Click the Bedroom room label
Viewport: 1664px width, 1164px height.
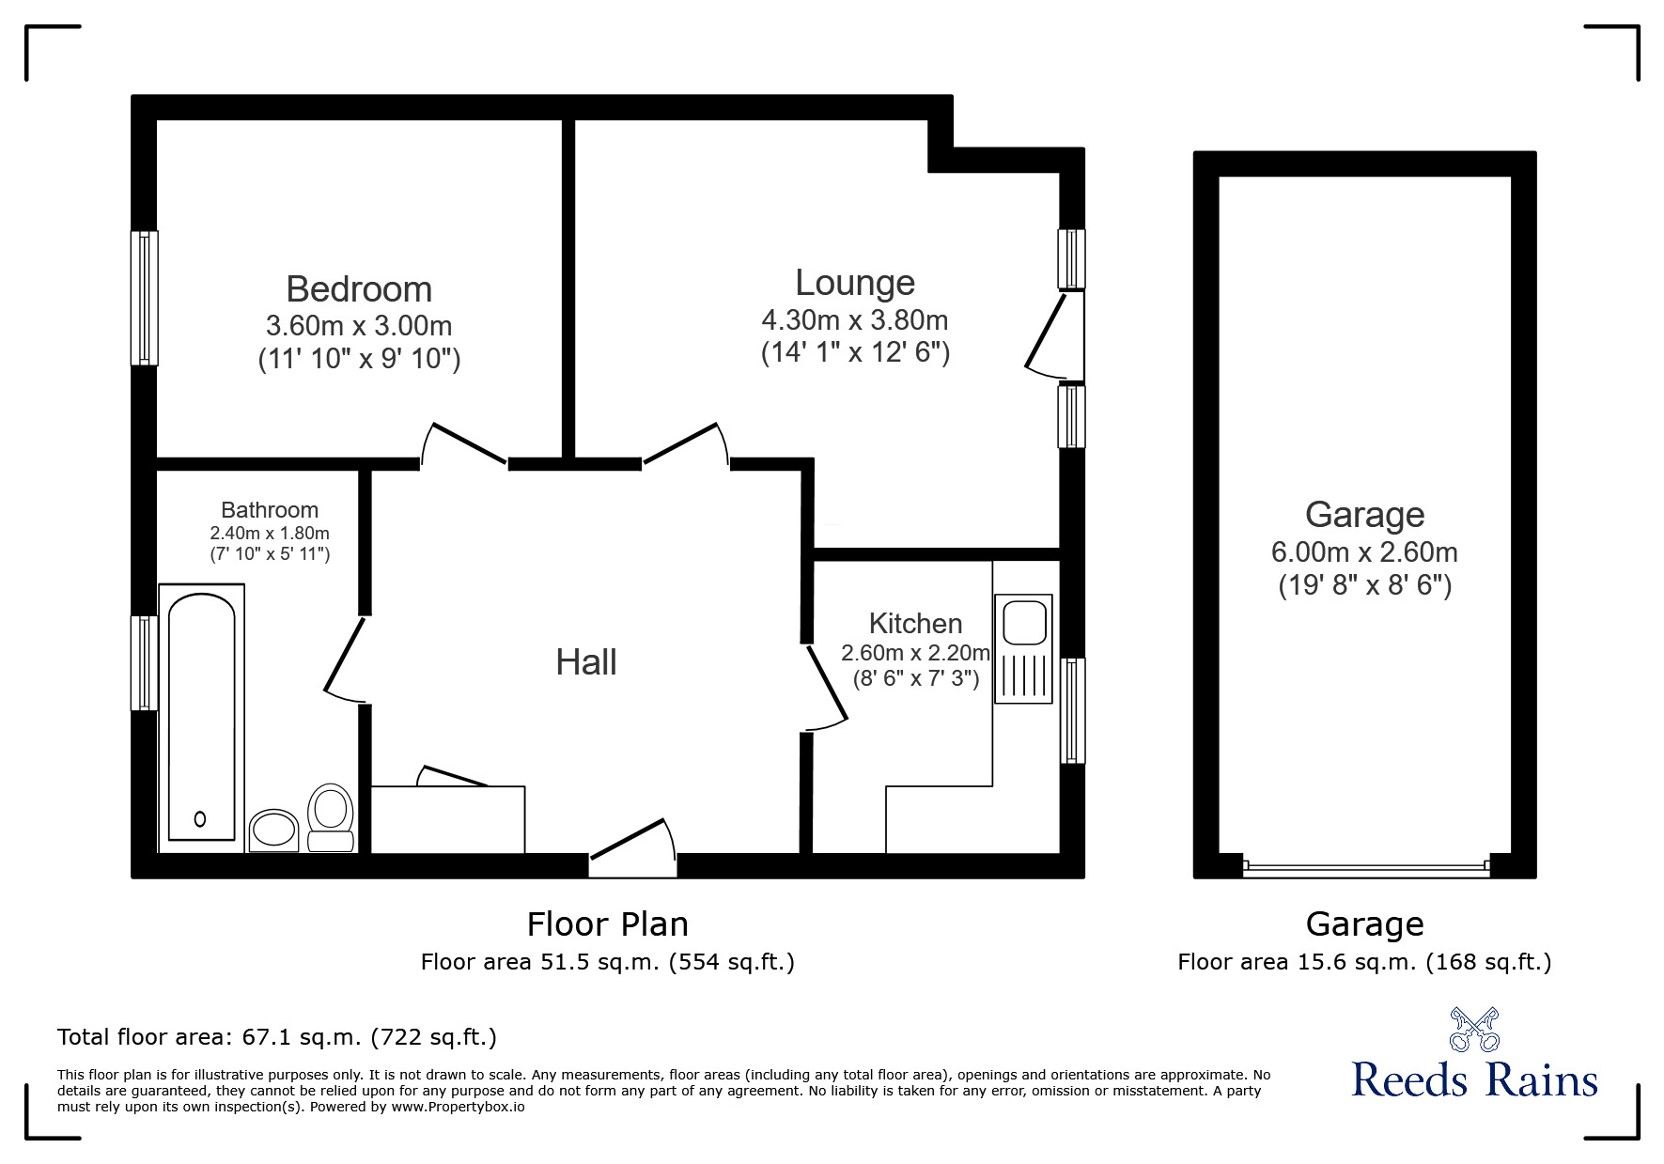tap(359, 289)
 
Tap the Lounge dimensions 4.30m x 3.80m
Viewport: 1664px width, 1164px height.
tap(855, 320)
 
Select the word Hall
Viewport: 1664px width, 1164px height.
tap(586, 662)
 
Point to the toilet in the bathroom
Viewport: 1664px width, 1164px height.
tap(330, 818)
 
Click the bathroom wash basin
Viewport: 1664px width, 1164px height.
tap(274, 830)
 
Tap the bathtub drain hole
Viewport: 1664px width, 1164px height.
tap(200, 819)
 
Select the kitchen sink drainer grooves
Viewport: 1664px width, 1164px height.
tap(1024, 675)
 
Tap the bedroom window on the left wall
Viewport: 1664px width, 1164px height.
tap(144, 298)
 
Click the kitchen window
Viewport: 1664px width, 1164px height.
tap(1072, 710)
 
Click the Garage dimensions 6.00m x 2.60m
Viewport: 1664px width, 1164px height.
tap(1364, 552)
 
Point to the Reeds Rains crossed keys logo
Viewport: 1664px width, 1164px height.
tap(1474, 1029)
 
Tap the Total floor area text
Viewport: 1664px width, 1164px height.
tap(277, 1037)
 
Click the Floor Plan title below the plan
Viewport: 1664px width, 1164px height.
tap(608, 924)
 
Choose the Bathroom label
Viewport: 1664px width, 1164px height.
tap(270, 510)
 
